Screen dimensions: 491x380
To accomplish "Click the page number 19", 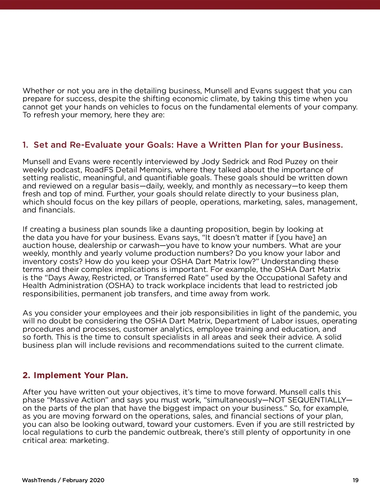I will pyautogui.click(x=356, y=480).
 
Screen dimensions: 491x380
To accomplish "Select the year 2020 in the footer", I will pyautogui.click(x=97, y=480).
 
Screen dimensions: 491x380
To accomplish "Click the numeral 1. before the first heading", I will pyautogui.click(x=25, y=145).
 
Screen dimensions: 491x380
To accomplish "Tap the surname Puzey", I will pyautogui.click(x=282, y=162).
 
